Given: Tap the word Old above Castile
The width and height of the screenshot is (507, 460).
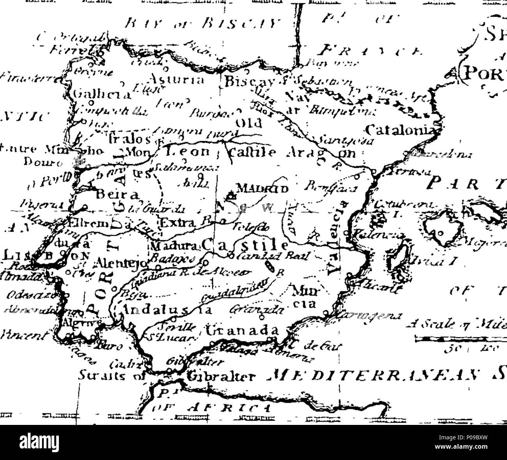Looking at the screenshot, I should (x=245, y=124).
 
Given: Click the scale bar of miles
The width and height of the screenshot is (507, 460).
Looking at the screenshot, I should (x=460, y=340).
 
